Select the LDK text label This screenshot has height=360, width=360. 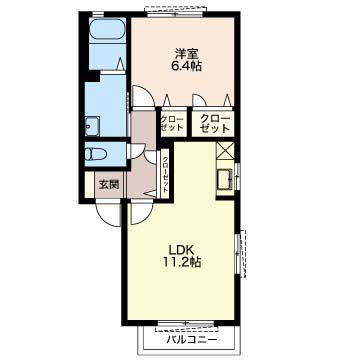tap(181, 249)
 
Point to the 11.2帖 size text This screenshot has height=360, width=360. tap(181, 263)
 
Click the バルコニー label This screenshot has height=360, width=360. tap(192, 340)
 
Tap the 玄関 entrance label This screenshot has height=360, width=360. tap(109, 185)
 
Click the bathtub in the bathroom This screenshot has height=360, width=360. tap(108, 31)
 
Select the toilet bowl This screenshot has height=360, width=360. tap(95, 154)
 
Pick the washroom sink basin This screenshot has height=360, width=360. tap(92, 127)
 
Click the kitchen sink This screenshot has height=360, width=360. tap(225, 180)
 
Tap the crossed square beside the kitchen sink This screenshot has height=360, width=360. tap(225, 151)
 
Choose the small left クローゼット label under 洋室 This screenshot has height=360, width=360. tap(172, 123)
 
